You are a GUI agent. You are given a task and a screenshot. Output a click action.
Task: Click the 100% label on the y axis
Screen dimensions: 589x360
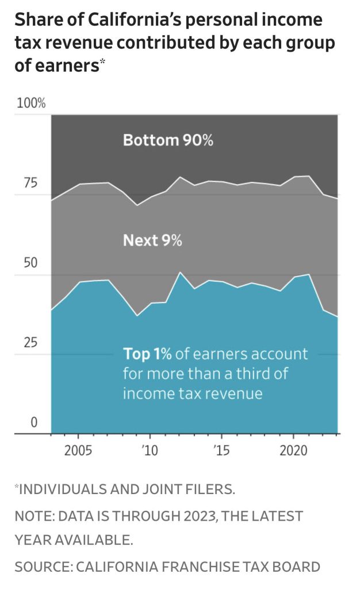pyautogui.click(x=31, y=104)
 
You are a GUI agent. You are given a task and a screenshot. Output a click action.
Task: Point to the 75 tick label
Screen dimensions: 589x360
pyautogui.click(x=29, y=183)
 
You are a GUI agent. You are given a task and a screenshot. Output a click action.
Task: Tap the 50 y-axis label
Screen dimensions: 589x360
pyautogui.click(x=29, y=263)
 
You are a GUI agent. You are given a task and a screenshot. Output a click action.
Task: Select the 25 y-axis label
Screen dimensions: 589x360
pyautogui.click(x=29, y=343)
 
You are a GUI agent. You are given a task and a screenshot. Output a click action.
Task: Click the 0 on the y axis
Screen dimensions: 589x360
pyautogui.click(x=33, y=423)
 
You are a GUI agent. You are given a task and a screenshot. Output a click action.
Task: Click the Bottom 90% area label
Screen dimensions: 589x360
pyautogui.click(x=168, y=140)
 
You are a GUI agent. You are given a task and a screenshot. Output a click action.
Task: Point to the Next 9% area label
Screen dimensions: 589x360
pyautogui.click(x=152, y=240)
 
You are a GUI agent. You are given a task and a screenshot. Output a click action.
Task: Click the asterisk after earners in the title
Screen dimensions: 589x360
pyautogui.click(x=103, y=62)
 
